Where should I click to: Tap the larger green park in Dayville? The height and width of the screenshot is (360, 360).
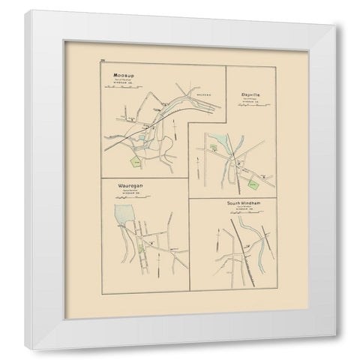click(253, 178)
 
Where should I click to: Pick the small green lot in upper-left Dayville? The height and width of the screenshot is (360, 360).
click(214, 147)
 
